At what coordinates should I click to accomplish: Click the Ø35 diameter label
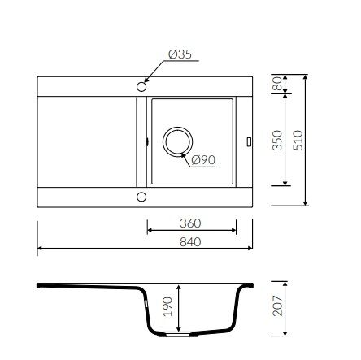point(181,54)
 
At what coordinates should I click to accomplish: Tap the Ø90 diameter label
point(203,159)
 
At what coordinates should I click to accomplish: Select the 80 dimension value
point(276,84)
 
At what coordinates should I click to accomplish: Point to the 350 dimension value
point(276,139)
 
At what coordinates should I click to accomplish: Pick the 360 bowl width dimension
point(189,223)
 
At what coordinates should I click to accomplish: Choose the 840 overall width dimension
point(189,242)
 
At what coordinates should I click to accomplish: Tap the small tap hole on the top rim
point(141,85)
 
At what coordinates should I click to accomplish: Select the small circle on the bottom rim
point(141,196)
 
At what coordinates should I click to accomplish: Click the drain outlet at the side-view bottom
point(180,334)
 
